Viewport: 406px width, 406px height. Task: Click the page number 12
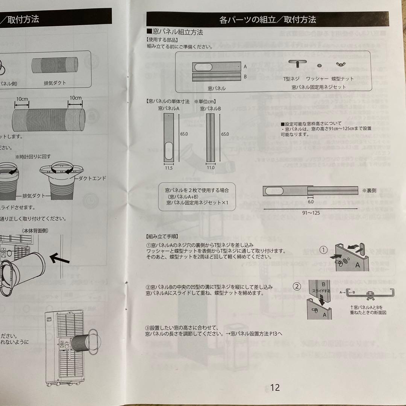(275, 388)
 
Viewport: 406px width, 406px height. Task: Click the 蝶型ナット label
(342, 79)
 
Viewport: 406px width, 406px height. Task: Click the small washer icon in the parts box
(319, 65)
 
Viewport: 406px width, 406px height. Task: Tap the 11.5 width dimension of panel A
(168, 168)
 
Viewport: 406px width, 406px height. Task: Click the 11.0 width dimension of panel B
(211, 168)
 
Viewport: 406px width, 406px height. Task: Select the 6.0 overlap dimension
(311, 201)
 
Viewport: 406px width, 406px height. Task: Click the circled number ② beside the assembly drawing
(297, 286)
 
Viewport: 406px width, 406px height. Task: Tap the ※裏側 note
(369, 191)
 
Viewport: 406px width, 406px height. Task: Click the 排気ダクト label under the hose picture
(55, 83)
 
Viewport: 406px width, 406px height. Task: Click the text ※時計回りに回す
(33, 156)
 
